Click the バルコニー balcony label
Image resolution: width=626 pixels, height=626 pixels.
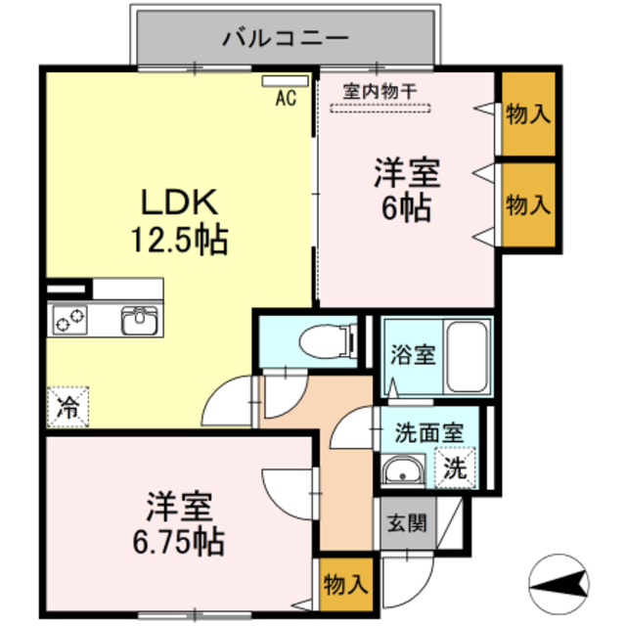pyautogui.click(x=286, y=39)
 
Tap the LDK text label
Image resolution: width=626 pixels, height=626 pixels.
pyautogui.click(x=180, y=202)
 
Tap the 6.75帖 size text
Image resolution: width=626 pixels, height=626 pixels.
pyautogui.click(x=178, y=538)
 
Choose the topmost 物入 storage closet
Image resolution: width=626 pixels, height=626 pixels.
pyautogui.click(x=528, y=113)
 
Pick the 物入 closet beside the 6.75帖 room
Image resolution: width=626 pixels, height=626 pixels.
pyautogui.click(x=344, y=585)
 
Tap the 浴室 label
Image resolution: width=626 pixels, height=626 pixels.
pyautogui.click(x=413, y=354)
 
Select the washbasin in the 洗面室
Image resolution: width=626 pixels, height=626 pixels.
pyautogui.click(x=402, y=473)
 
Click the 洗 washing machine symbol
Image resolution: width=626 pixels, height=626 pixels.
pyautogui.click(x=456, y=468)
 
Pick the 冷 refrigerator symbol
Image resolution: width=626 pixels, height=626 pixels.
pyautogui.click(x=67, y=403)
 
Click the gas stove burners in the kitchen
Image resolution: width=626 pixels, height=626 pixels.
pyautogui.click(x=71, y=319)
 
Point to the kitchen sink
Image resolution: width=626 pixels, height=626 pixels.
pyautogui.click(x=140, y=319)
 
